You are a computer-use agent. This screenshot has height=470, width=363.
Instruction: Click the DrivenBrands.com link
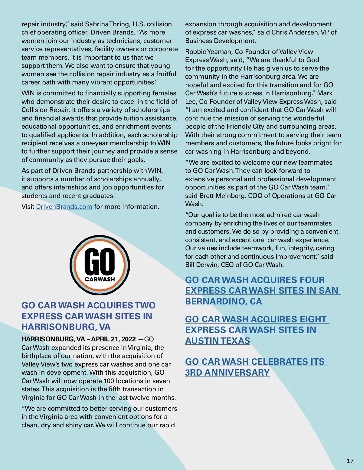click(x=64, y=207)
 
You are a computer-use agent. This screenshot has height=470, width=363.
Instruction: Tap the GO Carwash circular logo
click(x=100, y=265)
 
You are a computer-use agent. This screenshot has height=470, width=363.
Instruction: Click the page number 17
click(x=350, y=461)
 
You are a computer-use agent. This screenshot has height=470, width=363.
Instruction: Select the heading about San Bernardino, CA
click(x=263, y=291)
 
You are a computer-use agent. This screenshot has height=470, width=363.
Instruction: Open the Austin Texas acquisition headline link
click(x=257, y=330)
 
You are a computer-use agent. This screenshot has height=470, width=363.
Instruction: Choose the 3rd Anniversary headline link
click(x=256, y=367)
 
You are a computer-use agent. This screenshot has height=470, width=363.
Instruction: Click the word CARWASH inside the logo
click(x=100, y=279)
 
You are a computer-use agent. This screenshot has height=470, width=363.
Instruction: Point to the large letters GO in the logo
click(x=100, y=261)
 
